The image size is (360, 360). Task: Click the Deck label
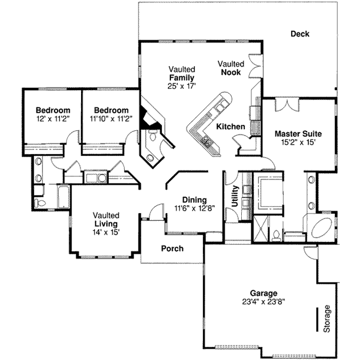click(x=299, y=34)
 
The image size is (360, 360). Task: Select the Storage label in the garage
click(x=327, y=319)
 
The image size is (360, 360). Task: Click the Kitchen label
click(x=230, y=127)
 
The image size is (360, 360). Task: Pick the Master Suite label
click(x=298, y=133)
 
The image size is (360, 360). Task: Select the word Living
click(x=106, y=224)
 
